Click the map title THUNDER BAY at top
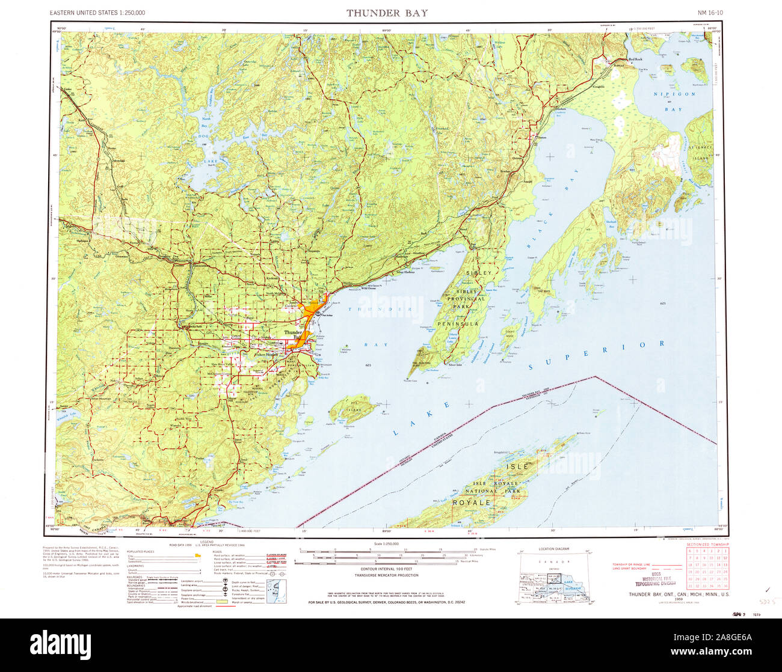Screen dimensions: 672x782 coord(387,13)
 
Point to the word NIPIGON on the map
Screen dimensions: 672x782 coord(676,94)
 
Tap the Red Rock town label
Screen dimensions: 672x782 coord(635,60)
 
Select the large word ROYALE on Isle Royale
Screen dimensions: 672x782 coord(472,502)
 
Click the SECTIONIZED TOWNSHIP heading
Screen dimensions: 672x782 coord(703,544)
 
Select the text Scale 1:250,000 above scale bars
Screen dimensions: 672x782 coord(386,543)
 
